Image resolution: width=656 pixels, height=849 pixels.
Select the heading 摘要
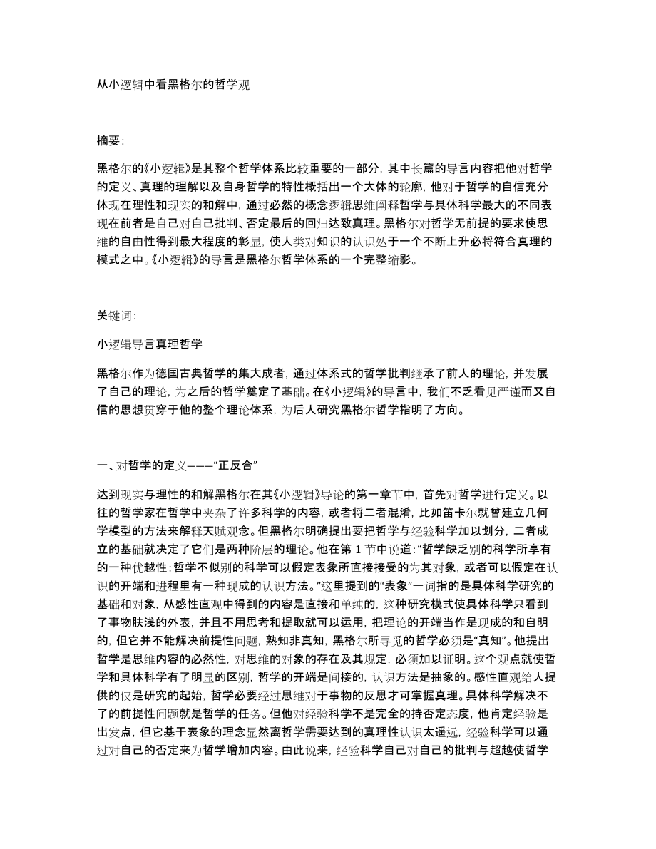[x=111, y=140]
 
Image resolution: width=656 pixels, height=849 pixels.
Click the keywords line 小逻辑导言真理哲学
[x=150, y=344]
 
